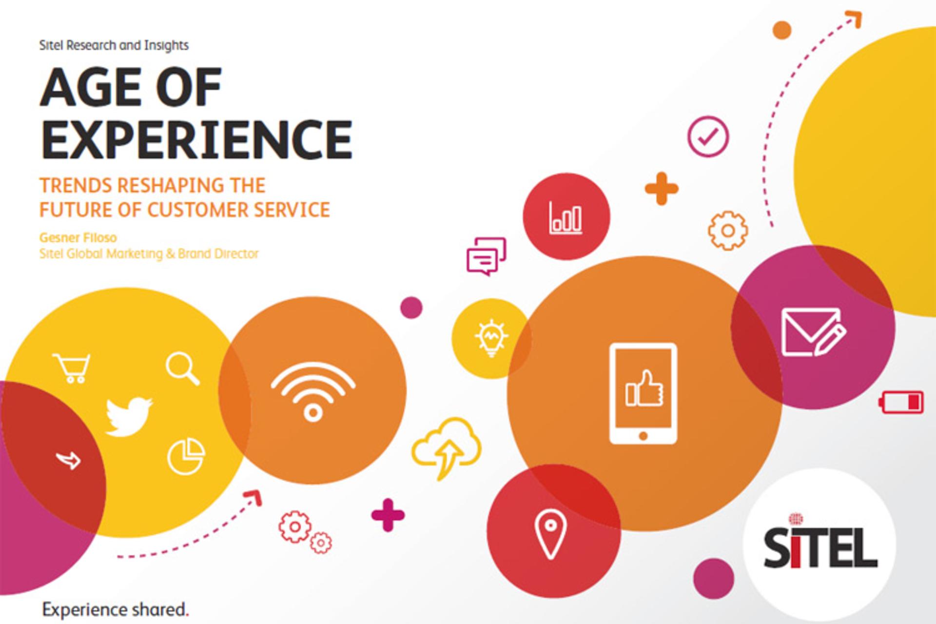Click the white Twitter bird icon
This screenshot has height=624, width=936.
[x=129, y=416]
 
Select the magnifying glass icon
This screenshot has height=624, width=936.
[x=182, y=369]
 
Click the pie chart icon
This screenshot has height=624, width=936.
[x=186, y=456]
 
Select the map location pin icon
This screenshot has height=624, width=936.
[x=550, y=534]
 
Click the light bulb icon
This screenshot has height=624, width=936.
[x=491, y=338]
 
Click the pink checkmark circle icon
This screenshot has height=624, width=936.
[x=708, y=136]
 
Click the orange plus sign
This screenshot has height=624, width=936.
[x=662, y=188]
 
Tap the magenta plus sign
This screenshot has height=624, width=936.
[x=388, y=515]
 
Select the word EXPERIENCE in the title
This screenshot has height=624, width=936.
[x=196, y=139]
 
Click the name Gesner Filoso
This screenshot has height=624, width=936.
[x=78, y=238]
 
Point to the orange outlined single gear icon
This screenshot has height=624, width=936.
[x=728, y=231]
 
